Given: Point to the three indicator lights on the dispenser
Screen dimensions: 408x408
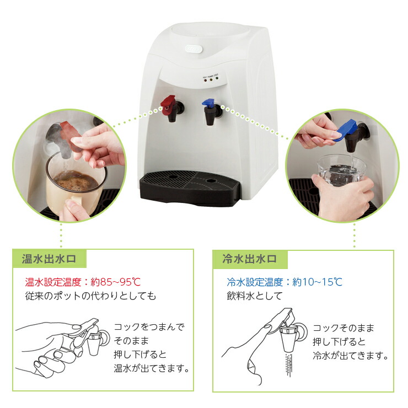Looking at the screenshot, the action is (x=211, y=79).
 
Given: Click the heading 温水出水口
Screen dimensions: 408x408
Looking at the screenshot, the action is (x=49, y=259).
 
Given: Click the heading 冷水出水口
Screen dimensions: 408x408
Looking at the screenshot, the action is (x=249, y=259).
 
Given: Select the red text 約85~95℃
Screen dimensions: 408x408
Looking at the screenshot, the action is (x=116, y=282).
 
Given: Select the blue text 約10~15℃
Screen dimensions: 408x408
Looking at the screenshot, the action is (x=318, y=282).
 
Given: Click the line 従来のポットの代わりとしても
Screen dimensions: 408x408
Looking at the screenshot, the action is (x=90, y=296).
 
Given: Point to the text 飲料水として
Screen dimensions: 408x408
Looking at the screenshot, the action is (x=255, y=296).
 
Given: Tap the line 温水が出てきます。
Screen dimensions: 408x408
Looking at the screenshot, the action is (x=152, y=368).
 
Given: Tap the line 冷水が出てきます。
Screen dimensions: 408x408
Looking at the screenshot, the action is (x=351, y=355).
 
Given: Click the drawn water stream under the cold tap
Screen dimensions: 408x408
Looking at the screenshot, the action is (x=289, y=364).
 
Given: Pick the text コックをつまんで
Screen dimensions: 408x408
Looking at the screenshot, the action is (x=149, y=327).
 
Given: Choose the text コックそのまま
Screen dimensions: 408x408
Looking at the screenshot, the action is (x=343, y=328).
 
